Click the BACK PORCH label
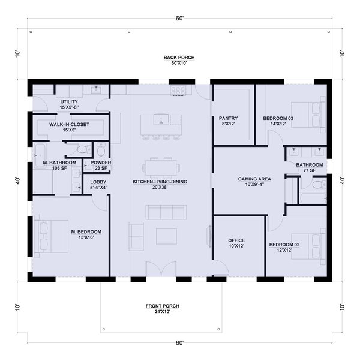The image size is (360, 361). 179,58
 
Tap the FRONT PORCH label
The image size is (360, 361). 163,306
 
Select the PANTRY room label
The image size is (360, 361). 228,118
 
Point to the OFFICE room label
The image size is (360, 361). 236,240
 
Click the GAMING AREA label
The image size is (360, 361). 254,179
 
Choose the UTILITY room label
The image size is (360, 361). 69,102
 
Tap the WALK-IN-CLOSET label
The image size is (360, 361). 69,124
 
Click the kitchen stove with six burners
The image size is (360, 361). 178,90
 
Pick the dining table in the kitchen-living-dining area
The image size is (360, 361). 161,167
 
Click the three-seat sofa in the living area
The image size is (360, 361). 166,212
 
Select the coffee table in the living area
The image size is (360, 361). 167,236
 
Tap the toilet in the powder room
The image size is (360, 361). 101,149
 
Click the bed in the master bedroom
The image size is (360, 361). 51,236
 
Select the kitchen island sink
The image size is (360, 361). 161,119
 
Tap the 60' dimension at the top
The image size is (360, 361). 179,19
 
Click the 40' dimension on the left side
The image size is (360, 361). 18,180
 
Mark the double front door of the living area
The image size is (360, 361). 161,269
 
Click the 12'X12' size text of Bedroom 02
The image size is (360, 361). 284,250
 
